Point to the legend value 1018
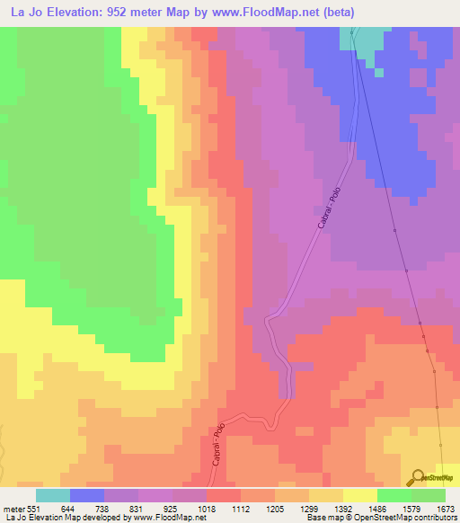point(207,508)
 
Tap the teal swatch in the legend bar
point(53,495)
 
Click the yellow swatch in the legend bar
point(359,495)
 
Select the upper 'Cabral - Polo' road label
point(331,205)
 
